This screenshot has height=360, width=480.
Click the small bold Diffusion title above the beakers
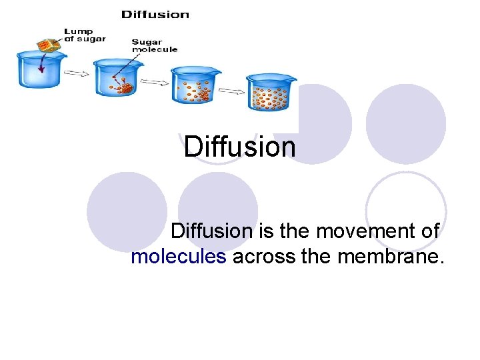point(155,14)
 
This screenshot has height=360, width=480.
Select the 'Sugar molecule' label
point(155,45)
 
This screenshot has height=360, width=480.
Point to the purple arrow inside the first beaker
point(41,64)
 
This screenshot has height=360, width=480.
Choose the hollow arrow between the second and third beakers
point(156,83)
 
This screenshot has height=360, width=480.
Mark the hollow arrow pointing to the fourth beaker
point(231,89)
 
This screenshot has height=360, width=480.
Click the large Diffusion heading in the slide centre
point(239,147)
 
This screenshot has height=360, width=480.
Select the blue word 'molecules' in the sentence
point(179,256)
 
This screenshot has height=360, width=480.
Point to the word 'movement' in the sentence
point(357,231)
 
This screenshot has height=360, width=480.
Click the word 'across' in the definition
point(263,256)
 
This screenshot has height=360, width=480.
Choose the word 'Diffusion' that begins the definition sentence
point(211,231)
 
